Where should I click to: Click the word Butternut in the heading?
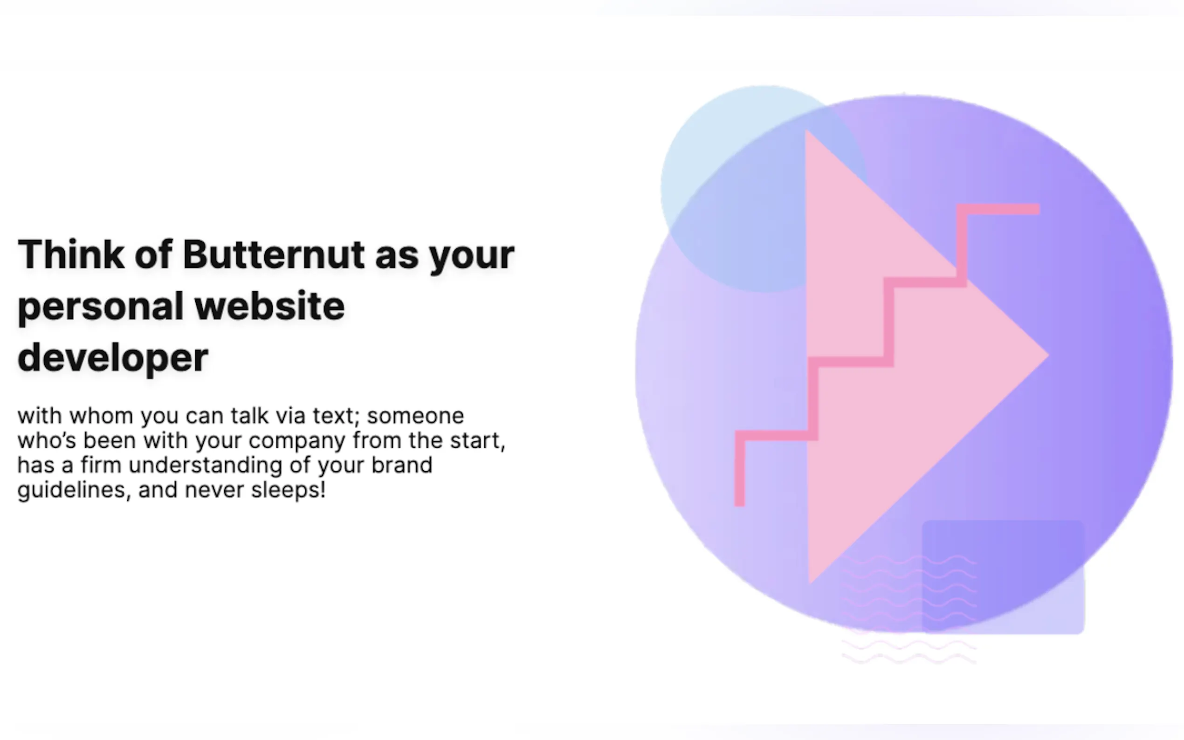click(274, 254)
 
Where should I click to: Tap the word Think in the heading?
click(71, 254)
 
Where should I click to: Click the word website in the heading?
click(270, 306)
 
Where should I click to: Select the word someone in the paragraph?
click(415, 417)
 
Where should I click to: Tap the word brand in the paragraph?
click(402, 466)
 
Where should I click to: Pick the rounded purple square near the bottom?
click(1004, 577)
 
